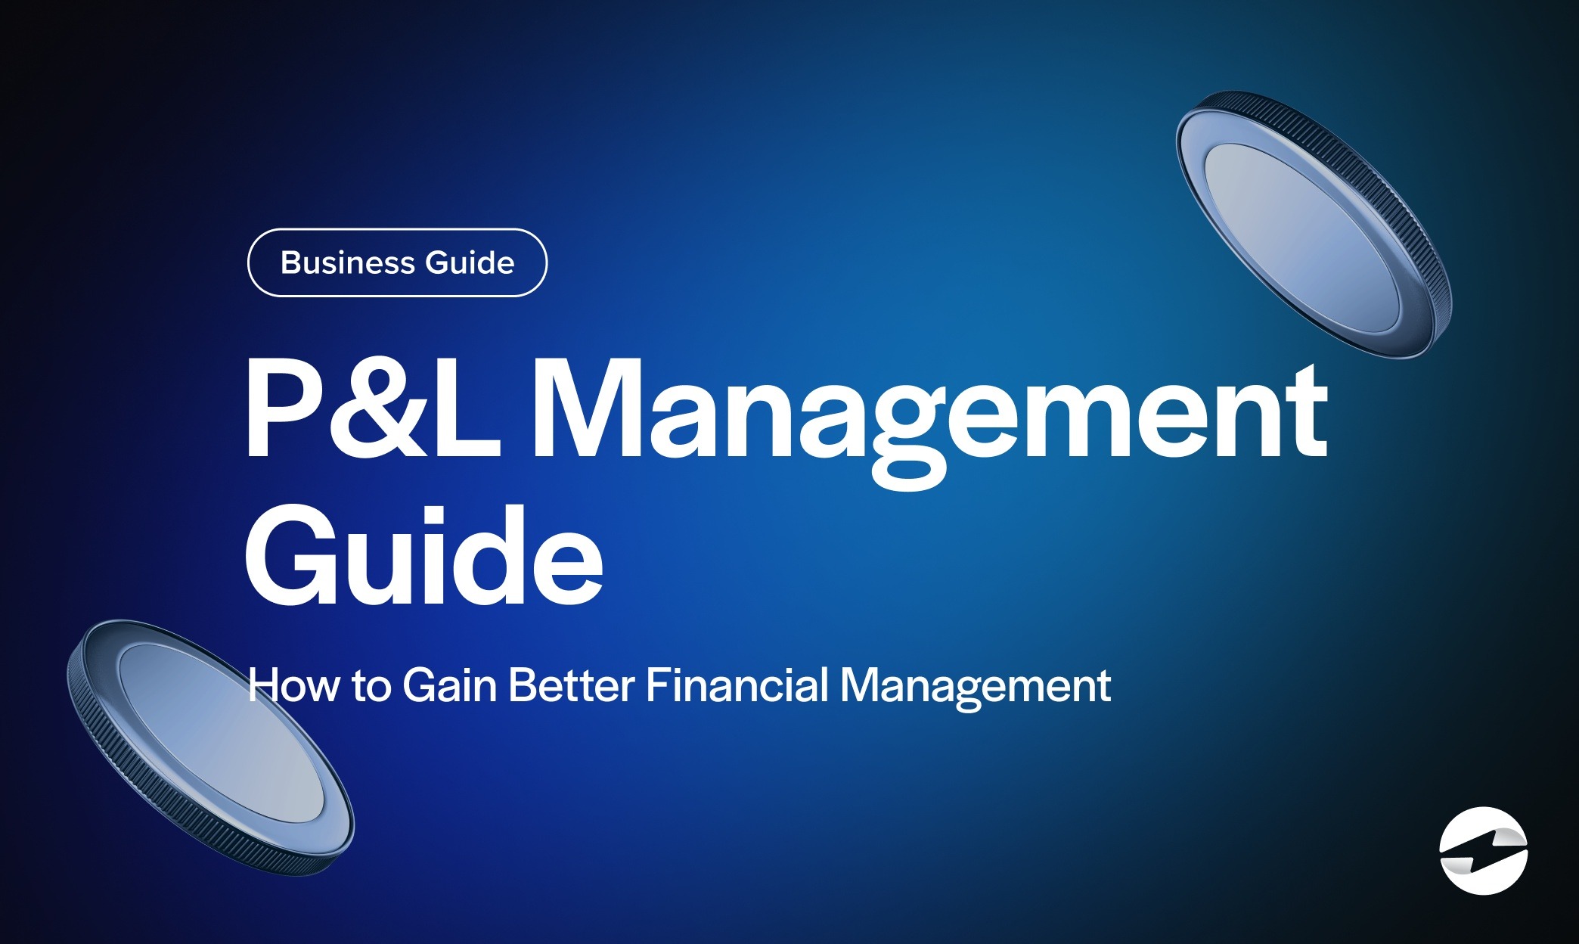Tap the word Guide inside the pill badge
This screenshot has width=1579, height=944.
470,262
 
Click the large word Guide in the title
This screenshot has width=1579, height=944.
423,556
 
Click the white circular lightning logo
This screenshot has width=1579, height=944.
1484,850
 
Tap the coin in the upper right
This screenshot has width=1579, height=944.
1314,225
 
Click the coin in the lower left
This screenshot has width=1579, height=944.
209,747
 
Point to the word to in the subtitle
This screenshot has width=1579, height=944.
371,687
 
